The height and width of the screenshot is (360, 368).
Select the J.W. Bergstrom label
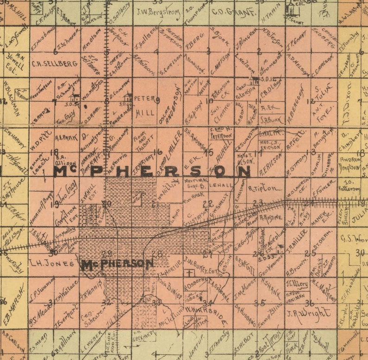point(158,11)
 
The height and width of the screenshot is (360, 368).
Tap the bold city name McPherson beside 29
point(117,264)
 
